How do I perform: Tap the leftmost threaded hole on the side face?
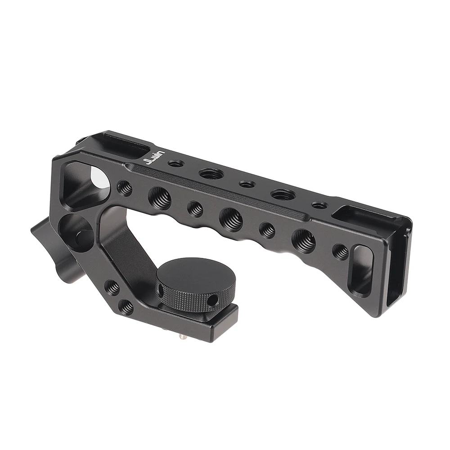(x=125, y=188)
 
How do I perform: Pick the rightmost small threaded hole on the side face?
(x=340, y=252)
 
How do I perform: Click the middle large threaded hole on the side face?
(x=231, y=219)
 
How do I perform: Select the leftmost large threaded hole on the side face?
(x=160, y=198)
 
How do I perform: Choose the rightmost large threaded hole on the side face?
(x=303, y=241)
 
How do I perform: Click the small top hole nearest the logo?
(x=175, y=163)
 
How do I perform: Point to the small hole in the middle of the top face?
(x=246, y=184)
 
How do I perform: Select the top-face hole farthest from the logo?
(x=319, y=205)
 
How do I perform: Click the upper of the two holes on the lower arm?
(x=112, y=287)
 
